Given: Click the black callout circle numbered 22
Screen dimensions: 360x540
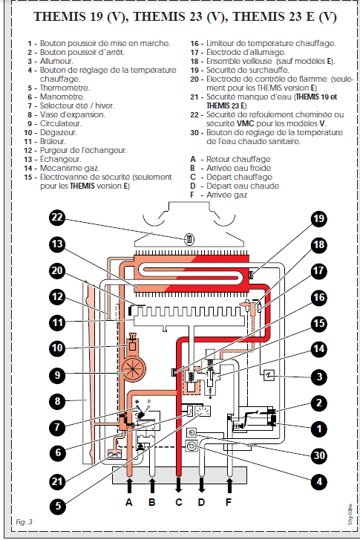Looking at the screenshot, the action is point(57,218).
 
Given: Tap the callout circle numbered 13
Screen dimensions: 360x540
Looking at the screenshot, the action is point(57,244).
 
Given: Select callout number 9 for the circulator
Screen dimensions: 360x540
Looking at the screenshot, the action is point(57,374).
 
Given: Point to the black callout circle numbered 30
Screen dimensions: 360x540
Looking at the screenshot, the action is point(319,455).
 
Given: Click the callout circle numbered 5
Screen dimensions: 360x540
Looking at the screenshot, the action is point(57,506).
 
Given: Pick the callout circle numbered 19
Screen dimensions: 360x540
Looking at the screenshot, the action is point(319,218).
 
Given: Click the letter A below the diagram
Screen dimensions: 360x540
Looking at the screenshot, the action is point(129,502).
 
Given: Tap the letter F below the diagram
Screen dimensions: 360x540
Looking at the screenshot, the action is point(229,502).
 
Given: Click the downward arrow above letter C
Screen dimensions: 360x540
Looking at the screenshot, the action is point(179,485).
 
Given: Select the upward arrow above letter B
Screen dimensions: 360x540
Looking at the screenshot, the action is point(151,485).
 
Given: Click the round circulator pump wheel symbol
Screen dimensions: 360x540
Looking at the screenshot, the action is point(133,368).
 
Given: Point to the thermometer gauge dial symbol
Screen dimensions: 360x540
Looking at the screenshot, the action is point(203,411).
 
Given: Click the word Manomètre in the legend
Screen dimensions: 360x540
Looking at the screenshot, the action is point(62,97).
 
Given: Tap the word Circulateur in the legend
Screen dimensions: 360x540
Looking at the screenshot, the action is point(61,123).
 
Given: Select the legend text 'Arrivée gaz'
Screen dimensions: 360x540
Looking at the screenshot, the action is point(227,195).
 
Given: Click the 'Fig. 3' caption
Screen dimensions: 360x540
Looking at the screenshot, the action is point(24,521).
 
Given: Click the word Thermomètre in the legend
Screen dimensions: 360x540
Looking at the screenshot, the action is point(65,88).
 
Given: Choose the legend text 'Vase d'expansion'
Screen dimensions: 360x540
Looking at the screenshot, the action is point(73,114).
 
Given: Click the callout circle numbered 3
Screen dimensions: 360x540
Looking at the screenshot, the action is point(319,377).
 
